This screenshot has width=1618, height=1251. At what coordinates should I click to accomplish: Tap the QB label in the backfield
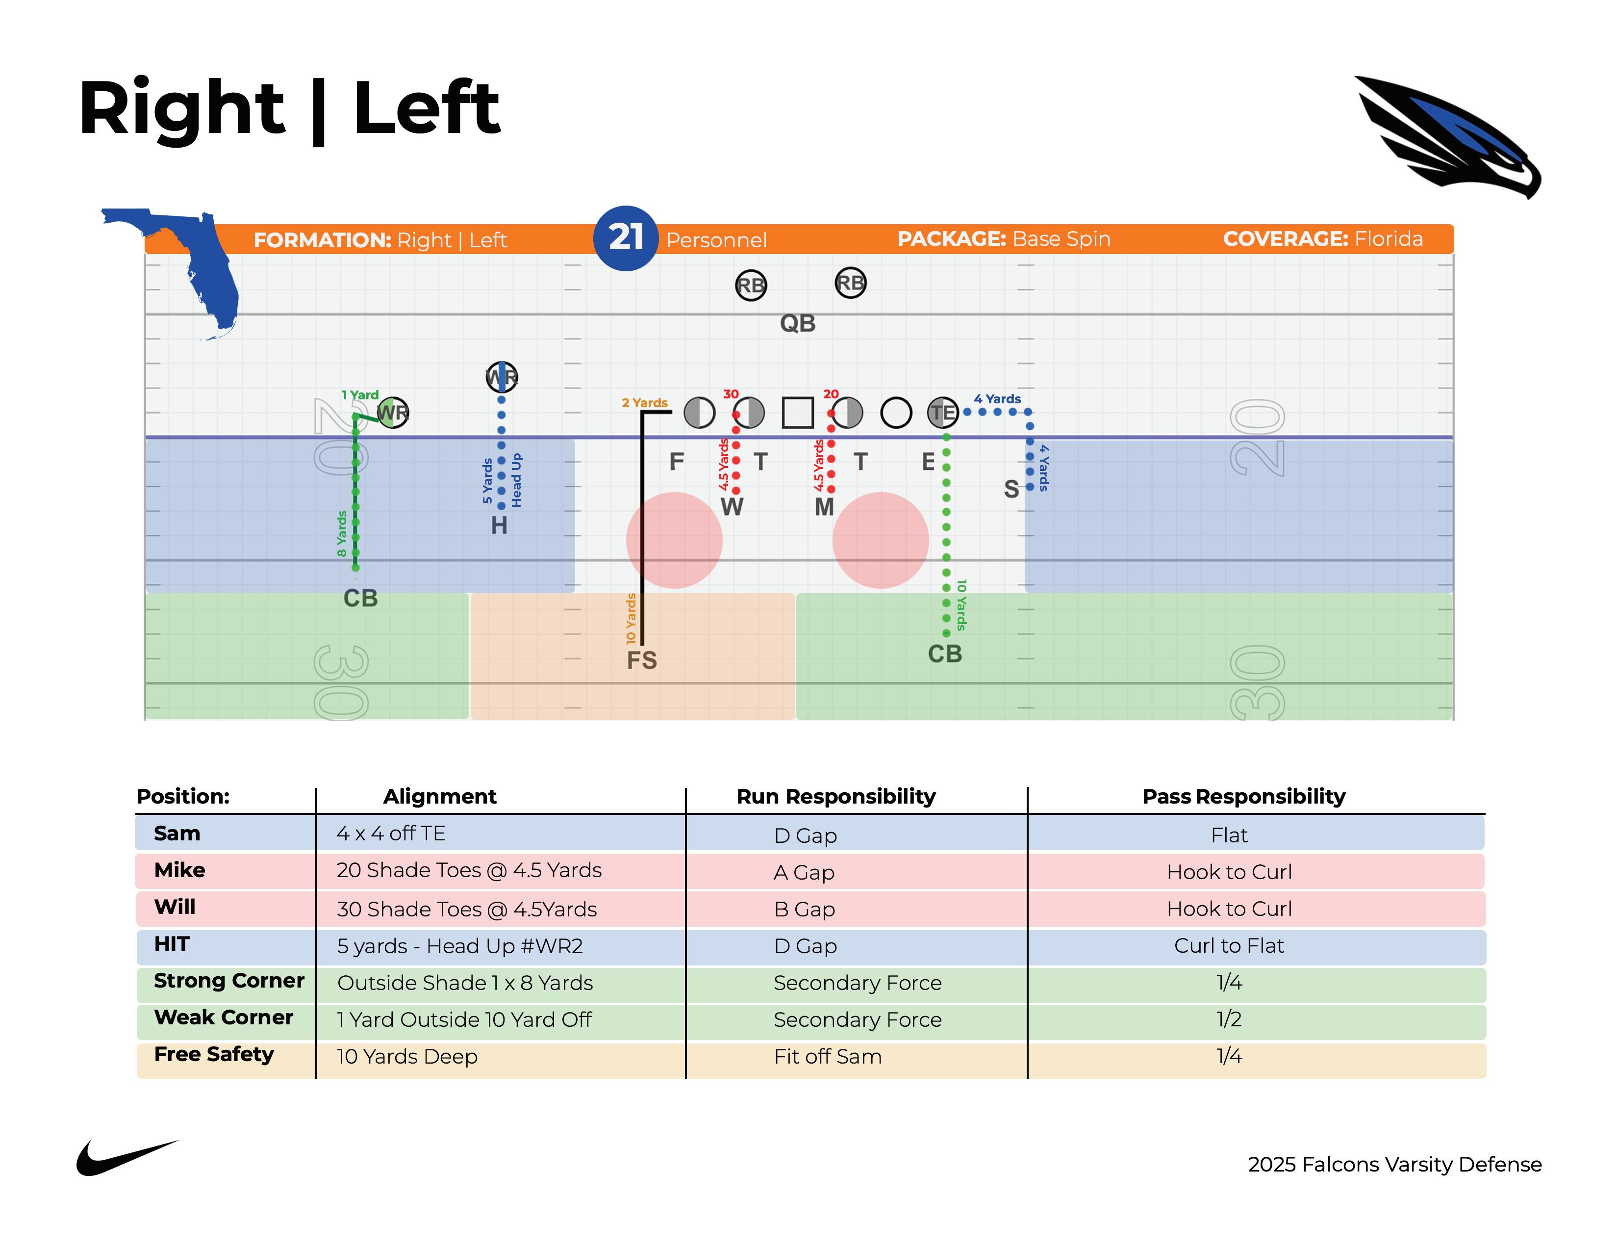797,323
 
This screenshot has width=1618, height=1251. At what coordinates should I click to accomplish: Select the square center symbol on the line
797,412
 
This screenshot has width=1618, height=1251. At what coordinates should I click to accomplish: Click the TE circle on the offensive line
942,412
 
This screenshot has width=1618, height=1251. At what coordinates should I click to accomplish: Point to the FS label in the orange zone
642,659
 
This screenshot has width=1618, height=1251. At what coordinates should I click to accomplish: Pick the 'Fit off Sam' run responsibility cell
828,1056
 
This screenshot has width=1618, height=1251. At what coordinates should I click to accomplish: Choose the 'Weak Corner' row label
223,1017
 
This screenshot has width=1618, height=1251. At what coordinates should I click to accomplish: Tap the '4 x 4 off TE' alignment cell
390,834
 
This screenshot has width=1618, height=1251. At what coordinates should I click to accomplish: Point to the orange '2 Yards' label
645,402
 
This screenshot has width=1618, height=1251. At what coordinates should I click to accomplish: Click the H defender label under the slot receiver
499,525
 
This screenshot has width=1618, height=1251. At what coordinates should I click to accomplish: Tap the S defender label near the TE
1011,489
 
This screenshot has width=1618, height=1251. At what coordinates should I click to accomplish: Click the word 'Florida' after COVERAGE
1389,238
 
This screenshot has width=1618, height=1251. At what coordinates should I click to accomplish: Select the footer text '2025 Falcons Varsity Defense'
1394,1164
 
